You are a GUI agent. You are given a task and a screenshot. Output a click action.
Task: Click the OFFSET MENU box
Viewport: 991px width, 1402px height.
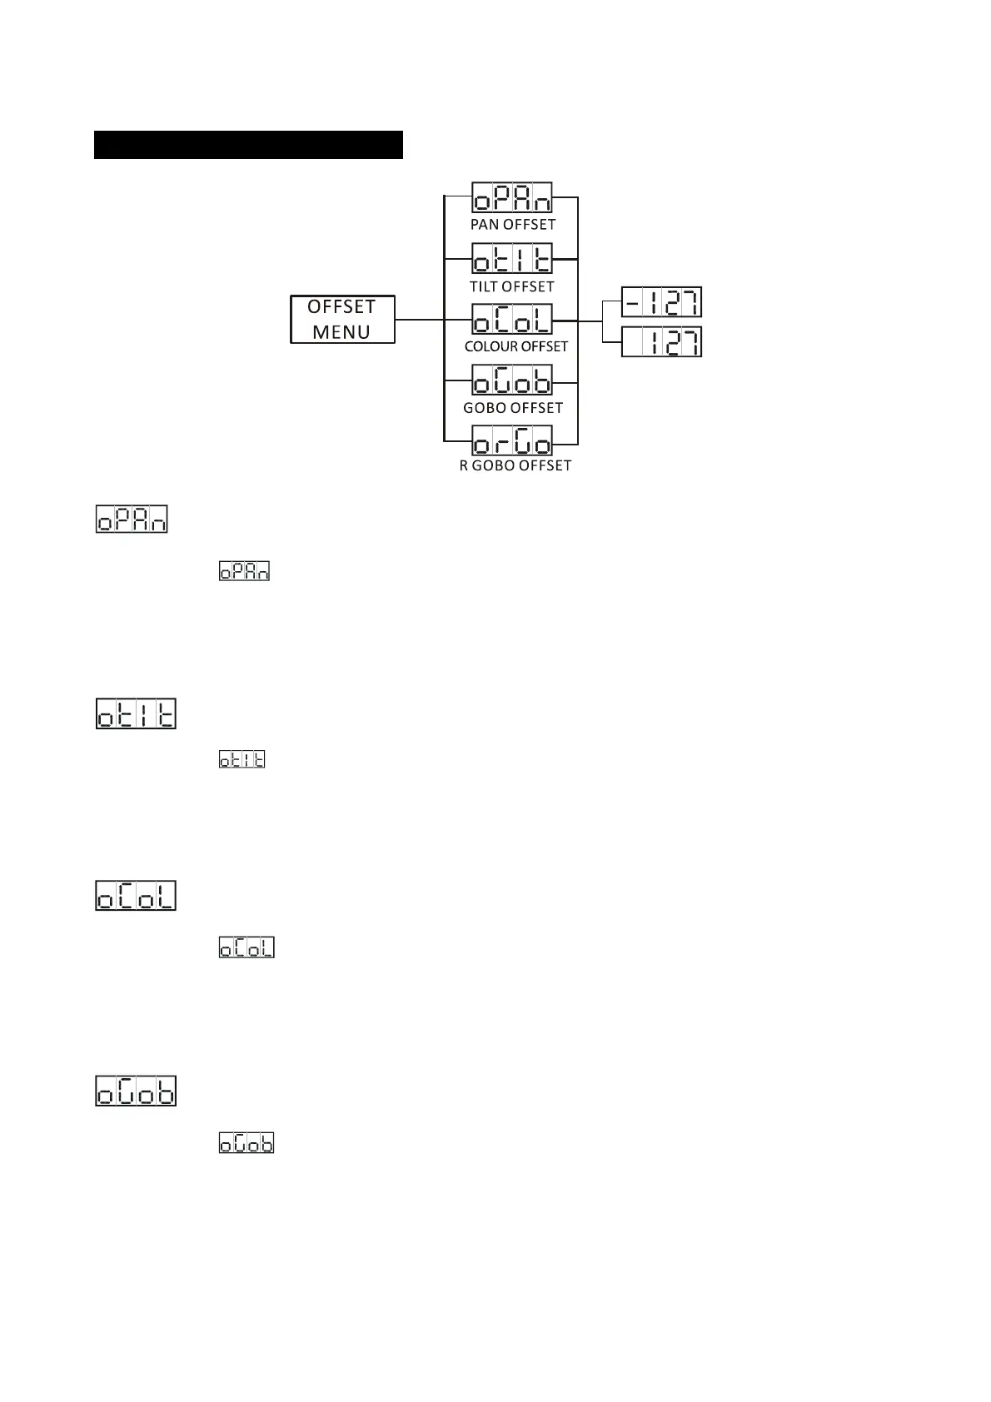point(342,319)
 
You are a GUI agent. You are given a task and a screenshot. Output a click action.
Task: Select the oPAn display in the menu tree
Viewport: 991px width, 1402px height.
point(512,199)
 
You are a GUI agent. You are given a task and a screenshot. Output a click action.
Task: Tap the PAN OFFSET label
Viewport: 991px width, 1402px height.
point(513,225)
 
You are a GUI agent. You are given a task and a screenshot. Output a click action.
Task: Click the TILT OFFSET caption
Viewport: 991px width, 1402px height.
point(511,286)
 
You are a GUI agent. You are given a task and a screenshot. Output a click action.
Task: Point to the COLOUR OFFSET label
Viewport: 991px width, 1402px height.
point(516,346)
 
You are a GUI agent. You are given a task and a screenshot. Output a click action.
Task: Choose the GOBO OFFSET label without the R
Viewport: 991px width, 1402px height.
point(513,408)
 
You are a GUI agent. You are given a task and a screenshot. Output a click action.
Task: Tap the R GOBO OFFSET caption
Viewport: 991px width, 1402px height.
point(515,466)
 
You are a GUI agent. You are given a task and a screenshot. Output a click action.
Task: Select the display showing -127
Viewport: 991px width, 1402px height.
point(662,302)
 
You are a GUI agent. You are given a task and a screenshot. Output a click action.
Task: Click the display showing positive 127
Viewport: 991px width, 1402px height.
point(662,342)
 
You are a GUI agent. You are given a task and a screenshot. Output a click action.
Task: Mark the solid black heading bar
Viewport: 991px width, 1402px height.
point(248,144)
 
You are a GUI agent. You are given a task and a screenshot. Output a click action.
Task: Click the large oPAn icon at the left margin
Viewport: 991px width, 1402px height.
point(132,519)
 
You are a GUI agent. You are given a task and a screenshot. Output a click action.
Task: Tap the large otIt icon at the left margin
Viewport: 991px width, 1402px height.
point(137,714)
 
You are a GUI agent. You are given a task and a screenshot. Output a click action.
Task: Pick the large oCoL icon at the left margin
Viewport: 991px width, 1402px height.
point(136,895)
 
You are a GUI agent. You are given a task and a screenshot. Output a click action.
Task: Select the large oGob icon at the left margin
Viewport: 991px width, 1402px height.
point(137,1091)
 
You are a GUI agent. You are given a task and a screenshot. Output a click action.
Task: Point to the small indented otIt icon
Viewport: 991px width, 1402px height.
point(242,759)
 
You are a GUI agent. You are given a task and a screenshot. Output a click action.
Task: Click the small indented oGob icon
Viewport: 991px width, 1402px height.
point(247,1142)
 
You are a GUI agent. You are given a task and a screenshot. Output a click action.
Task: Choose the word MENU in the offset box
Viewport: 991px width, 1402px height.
point(341,332)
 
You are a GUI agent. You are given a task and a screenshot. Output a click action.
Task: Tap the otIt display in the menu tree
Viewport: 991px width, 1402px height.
point(512,259)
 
